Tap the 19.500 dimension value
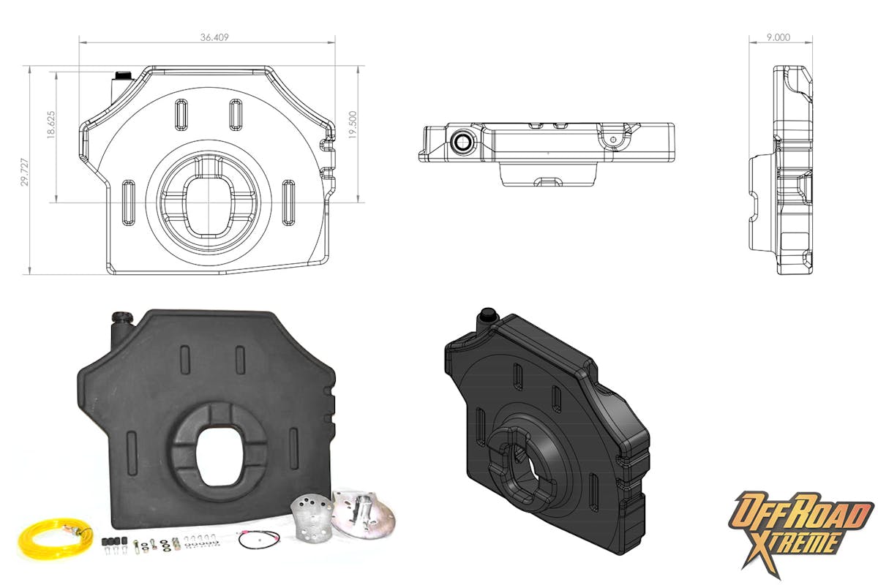coord(353,126)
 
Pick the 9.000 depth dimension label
coord(778,37)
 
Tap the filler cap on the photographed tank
coord(120,320)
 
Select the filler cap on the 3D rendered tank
coord(487,315)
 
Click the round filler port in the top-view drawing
coord(462,142)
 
